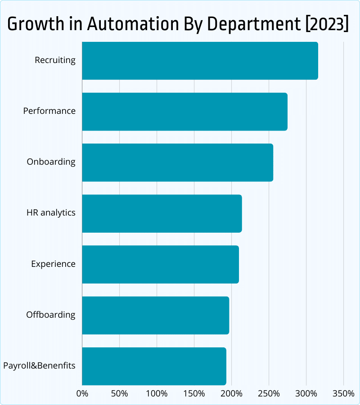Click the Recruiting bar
(200, 61)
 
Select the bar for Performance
(184, 112)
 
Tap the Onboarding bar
(177, 162)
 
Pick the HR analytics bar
(162, 213)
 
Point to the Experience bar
(160, 264)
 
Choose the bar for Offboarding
(155, 315)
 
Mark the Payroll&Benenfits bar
(154, 366)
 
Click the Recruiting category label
(55, 60)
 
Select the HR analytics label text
(51, 212)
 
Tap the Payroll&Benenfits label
(39, 365)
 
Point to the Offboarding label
(50, 315)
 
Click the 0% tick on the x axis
(82, 394)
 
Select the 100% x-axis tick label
(157, 394)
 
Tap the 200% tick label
(231, 394)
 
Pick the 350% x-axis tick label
(343, 394)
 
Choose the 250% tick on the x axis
(269, 394)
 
